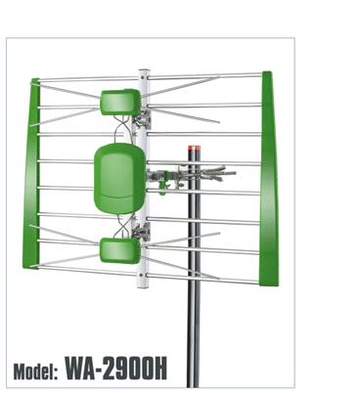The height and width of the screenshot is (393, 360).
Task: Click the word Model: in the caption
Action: [35, 371]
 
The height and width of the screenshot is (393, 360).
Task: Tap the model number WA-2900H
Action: [115, 369]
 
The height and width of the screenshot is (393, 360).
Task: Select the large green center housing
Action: [119, 178]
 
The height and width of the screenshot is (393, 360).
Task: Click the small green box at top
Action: [120, 102]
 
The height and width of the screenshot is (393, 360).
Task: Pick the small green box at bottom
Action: [119, 250]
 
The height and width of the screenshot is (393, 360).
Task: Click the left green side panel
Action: [31, 173]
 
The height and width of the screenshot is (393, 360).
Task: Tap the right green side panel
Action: [269, 179]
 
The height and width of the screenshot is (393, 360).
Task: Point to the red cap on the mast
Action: [194, 148]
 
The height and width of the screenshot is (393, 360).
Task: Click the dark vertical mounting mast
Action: [194, 267]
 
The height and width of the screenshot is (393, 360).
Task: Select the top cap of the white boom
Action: [144, 70]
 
